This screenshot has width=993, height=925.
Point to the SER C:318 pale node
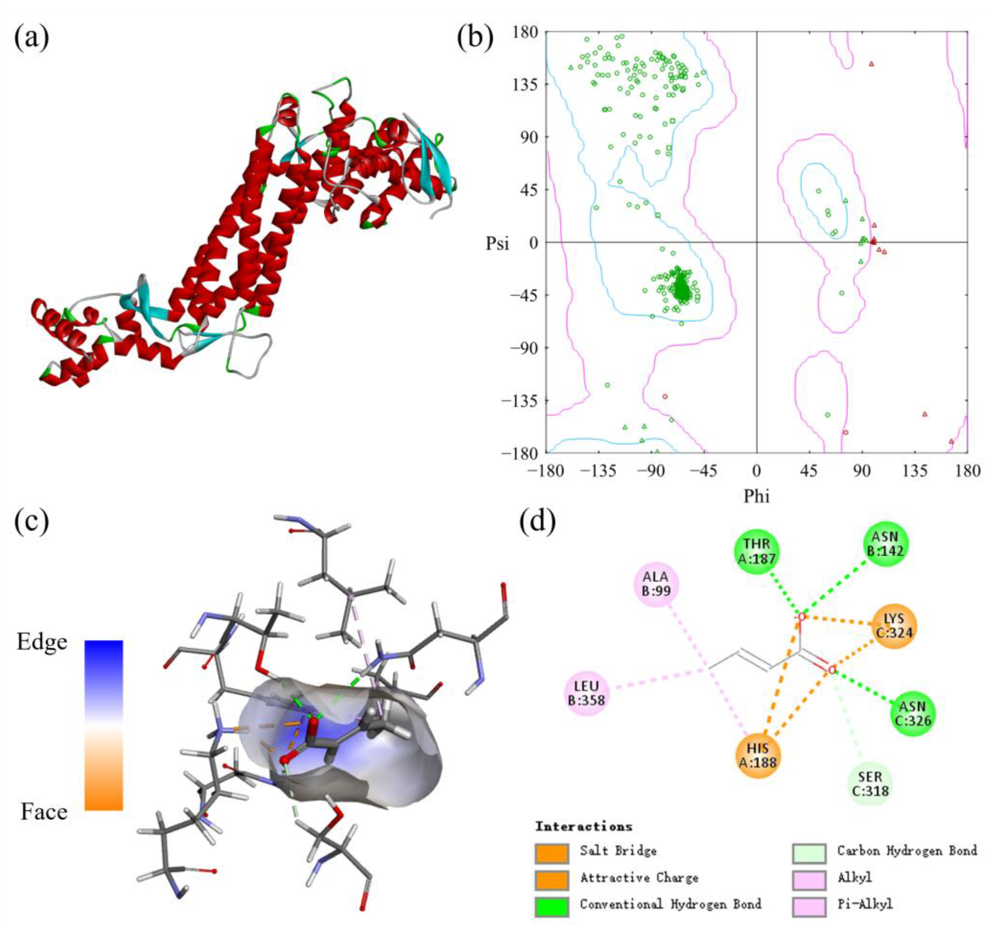click(x=870, y=784)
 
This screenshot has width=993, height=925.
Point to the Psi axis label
click(x=498, y=244)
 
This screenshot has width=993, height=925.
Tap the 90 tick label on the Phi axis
click(x=862, y=470)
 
